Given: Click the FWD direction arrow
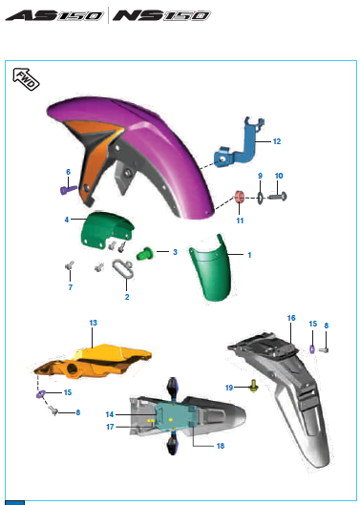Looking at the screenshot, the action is pos(26,79).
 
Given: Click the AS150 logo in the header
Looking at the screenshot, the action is pos(53,15).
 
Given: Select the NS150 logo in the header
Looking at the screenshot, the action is pos(161,15).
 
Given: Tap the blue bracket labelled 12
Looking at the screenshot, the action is pos(239,142).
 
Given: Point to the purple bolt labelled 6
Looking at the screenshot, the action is pos(69,190).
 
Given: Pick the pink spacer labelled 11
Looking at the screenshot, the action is pos(239,197).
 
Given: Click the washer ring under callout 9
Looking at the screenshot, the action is pos(260,198).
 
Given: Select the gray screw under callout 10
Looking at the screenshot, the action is pos(277,196).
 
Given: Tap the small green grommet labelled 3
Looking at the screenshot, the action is pos(145,253).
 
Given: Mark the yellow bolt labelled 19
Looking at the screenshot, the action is pos(254,385).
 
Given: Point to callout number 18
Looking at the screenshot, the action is pos(221,446).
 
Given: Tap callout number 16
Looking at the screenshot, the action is pos(291,318).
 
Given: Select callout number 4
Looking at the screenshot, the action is pos(67,220).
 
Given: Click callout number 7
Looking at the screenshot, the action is pos(71,287).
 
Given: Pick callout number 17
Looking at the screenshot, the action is pos(110,427).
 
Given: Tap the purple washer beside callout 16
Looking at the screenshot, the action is pos(312,348).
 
